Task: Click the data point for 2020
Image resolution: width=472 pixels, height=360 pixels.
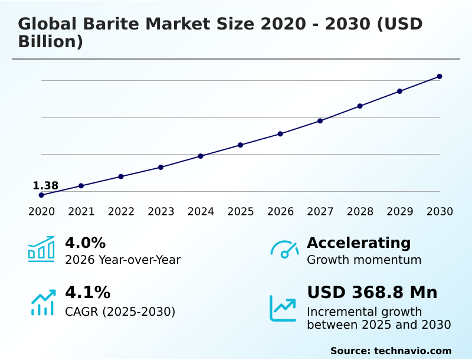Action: coord(41,195)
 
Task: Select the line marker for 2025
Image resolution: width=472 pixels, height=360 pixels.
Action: coord(241,145)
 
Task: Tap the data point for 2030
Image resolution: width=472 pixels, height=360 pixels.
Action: coord(440,76)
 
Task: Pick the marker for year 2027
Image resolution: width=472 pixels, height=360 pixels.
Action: coord(320,121)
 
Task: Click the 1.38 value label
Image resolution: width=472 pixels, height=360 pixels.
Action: coord(45,186)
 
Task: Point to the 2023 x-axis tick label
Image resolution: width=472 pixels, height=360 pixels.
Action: coord(161,212)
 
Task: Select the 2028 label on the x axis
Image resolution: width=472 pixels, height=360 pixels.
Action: coord(360,212)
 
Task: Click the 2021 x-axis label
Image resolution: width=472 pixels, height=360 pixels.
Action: coord(81,212)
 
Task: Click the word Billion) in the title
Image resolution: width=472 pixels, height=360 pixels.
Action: coord(50,42)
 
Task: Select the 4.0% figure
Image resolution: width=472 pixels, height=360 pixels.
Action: coord(85,243)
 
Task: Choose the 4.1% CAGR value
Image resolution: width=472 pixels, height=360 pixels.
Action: coord(87,293)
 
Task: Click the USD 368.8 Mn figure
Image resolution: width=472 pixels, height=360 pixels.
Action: coord(372,293)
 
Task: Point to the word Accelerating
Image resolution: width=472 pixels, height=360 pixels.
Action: coord(359,243)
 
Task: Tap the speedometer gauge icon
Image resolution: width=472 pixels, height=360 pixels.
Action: coord(284,250)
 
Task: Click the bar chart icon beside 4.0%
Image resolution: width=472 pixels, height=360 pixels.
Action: coord(41,249)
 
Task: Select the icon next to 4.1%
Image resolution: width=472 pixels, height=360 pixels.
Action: coord(42,302)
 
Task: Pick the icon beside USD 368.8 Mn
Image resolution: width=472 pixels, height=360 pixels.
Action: coord(283,307)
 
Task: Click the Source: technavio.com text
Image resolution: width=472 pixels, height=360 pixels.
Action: coord(391,351)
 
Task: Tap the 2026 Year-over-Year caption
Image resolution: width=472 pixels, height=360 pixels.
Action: coord(123,260)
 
